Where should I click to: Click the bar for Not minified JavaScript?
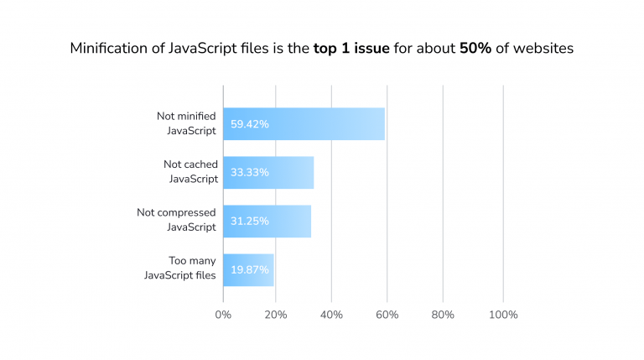coord(304,123)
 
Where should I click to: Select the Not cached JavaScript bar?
coord(268,172)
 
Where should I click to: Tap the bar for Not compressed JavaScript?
coord(267,221)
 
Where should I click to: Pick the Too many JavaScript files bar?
coord(248,269)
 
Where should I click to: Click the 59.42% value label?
coord(249,124)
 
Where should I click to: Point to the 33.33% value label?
coord(249,173)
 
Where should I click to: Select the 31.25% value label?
coord(249,222)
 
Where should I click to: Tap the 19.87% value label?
coord(249,270)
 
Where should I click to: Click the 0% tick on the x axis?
coord(223,315)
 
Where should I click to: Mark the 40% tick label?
coord(331,315)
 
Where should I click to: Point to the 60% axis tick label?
coord(387,315)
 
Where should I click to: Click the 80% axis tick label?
coord(443,315)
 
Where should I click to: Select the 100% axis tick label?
coord(502,315)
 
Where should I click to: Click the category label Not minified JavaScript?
coord(186,123)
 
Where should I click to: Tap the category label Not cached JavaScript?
coord(190,172)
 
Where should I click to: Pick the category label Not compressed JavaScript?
coord(177,220)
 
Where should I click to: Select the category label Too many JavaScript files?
coord(180,269)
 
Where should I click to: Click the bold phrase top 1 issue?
coord(351,49)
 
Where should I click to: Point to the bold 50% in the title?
coord(475,49)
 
